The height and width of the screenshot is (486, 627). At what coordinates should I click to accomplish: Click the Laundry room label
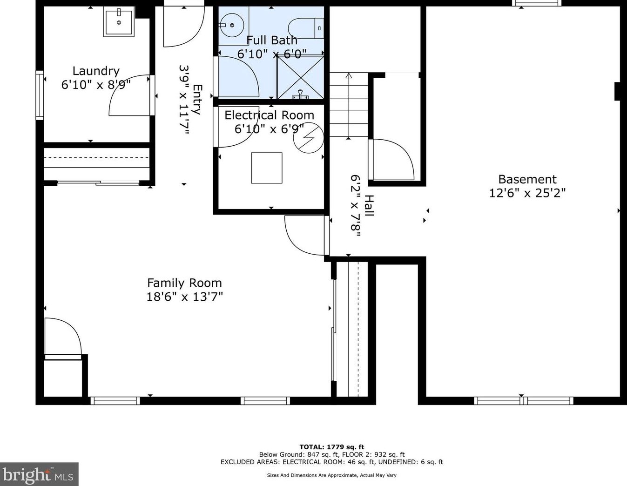pyautogui.click(x=96, y=71)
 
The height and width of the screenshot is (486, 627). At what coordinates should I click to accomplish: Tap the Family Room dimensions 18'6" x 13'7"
pyautogui.click(x=185, y=297)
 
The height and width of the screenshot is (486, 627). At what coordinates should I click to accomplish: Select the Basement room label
pyautogui.click(x=527, y=179)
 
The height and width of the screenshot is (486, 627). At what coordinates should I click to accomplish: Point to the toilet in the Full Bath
pyautogui.click(x=306, y=28)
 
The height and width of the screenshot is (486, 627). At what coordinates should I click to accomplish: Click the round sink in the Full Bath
pyautogui.click(x=232, y=26)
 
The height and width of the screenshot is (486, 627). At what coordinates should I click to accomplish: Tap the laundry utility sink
pyautogui.click(x=119, y=22)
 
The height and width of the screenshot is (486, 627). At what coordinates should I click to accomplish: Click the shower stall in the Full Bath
pyautogui.click(x=300, y=77)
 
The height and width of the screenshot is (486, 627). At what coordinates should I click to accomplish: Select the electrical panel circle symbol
pyautogui.click(x=309, y=138)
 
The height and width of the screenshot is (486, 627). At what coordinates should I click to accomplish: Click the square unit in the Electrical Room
pyautogui.click(x=267, y=168)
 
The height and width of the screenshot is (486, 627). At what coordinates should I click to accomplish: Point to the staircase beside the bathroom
pyautogui.click(x=349, y=105)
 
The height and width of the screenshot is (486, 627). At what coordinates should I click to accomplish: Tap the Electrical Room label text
pyautogui.click(x=269, y=115)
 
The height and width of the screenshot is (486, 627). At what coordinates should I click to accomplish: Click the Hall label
pyautogui.click(x=369, y=205)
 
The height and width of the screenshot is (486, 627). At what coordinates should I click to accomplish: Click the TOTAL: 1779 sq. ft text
pyautogui.click(x=332, y=447)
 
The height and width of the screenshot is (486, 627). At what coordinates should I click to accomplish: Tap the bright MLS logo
pyautogui.click(x=39, y=475)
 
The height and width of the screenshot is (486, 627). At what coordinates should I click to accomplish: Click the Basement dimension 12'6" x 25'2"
pyautogui.click(x=527, y=193)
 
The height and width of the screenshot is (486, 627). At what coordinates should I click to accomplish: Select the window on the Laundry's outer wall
pyautogui.click(x=40, y=95)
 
